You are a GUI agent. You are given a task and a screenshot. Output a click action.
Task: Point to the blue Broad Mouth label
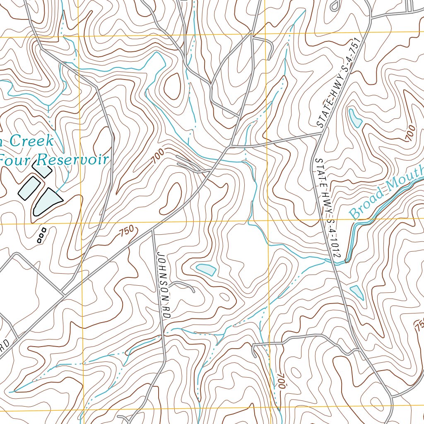tap(385, 193)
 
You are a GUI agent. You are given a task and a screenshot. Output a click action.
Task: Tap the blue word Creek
tap(31, 141)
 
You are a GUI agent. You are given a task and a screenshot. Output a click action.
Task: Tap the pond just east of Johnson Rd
tap(206, 269)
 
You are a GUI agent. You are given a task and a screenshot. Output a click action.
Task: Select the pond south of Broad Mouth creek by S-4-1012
tap(357, 292)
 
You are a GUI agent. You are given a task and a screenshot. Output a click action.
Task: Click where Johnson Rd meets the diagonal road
tap(153, 229)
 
